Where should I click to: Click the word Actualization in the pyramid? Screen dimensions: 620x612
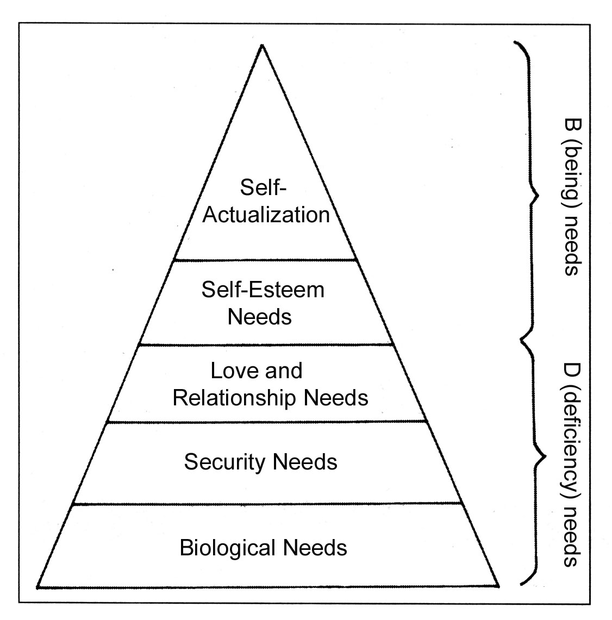click(266, 215)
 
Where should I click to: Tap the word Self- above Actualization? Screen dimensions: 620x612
click(263, 188)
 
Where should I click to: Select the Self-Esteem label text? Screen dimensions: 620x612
click(263, 290)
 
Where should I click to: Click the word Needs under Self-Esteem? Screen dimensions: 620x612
click(259, 316)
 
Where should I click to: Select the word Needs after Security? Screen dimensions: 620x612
click(305, 462)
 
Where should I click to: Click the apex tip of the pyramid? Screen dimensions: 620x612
click(263, 45)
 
